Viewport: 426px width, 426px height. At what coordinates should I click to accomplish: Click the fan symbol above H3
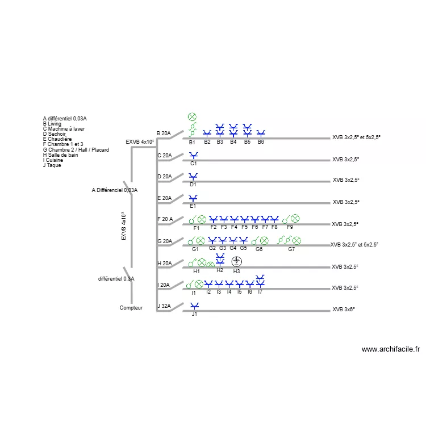pyautogui.click(x=237, y=261)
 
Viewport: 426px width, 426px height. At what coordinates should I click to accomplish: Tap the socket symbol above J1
pyautogui.click(x=194, y=306)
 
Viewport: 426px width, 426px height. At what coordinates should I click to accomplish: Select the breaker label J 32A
pyautogui.click(x=164, y=306)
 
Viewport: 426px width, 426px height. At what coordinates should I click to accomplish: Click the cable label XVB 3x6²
pyautogui.click(x=344, y=309)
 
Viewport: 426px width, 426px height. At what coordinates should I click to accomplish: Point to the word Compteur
pyautogui.click(x=131, y=307)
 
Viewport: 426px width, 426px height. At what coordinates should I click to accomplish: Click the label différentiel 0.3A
pyautogui.click(x=116, y=279)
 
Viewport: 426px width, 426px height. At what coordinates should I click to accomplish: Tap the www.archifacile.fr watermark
pyautogui.click(x=391, y=349)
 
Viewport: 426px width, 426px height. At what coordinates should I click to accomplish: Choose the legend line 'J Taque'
pyautogui.click(x=52, y=165)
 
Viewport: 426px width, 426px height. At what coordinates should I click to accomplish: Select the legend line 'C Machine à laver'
pyautogui.click(x=64, y=129)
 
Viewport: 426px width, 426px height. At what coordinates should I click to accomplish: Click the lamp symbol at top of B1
pyautogui.click(x=192, y=117)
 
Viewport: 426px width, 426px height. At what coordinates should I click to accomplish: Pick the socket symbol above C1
pyautogui.click(x=194, y=156)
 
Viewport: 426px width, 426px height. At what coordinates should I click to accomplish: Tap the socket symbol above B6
pyautogui.click(x=261, y=133)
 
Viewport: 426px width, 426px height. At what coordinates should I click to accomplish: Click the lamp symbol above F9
pyautogui.click(x=295, y=218)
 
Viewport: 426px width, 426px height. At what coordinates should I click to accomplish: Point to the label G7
pyautogui.click(x=291, y=249)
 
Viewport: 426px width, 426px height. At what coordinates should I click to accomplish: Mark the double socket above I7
pyautogui.click(x=260, y=281)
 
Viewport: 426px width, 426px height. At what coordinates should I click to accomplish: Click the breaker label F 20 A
pyautogui.click(x=165, y=219)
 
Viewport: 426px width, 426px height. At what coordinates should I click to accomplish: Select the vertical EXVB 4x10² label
pyautogui.click(x=124, y=225)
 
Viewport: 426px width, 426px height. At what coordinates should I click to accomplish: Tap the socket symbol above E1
pyautogui.click(x=193, y=198)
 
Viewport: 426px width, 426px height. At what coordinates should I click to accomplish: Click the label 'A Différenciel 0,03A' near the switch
pyautogui.click(x=115, y=190)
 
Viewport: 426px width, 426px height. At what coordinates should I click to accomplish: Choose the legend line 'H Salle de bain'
pyautogui.click(x=60, y=155)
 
